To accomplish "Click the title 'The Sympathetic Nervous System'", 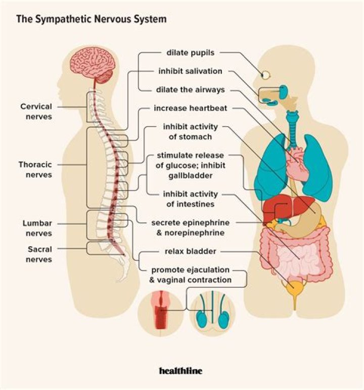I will coord(92,20).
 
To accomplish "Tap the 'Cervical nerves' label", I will coord(36,111).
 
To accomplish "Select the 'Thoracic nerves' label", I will coord(35,170).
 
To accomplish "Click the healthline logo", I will coord(180,371).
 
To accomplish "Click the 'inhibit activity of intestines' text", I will coord(190,199).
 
